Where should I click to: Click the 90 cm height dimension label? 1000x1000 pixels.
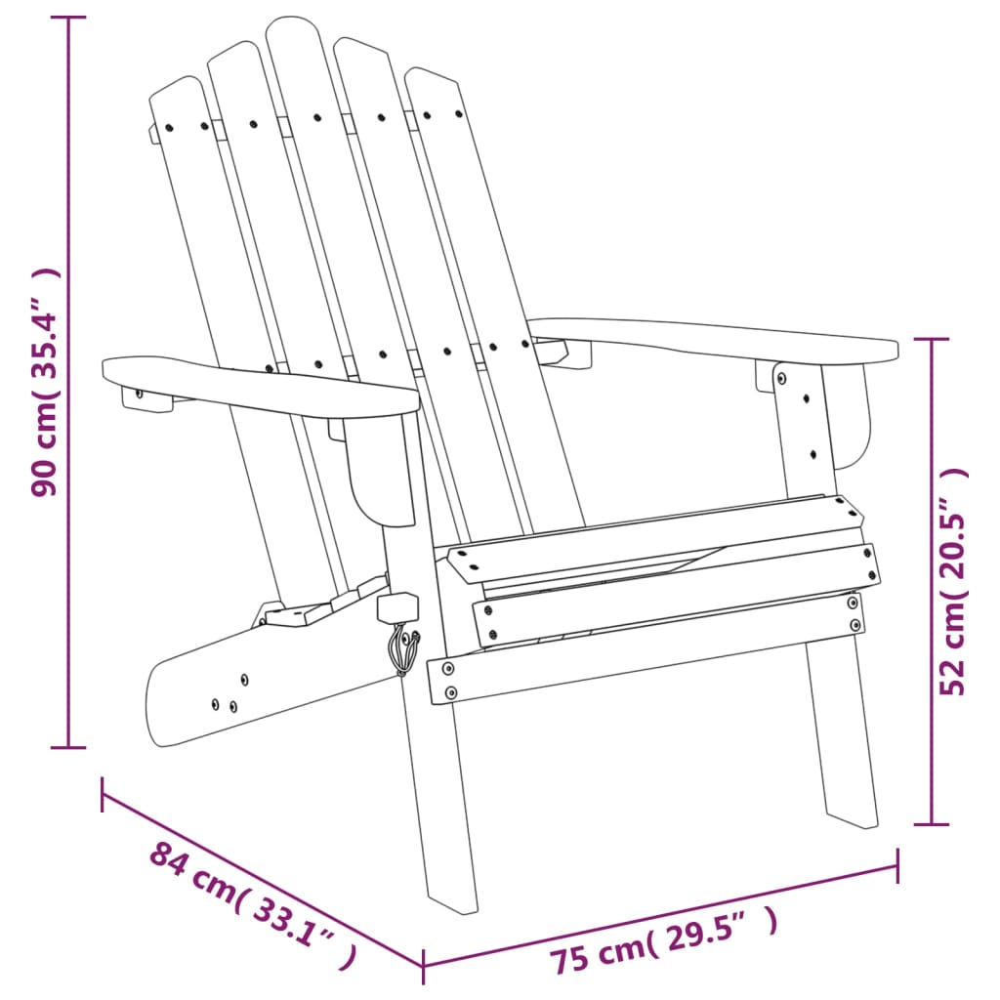pyautogui.click(x=46, y=383)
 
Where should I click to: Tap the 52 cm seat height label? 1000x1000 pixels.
pyautogui.click(x=954, y=580)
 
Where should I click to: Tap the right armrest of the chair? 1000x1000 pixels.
pyautogui.click(x=713, y=338)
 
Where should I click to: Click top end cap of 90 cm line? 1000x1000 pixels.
pyautogui.click(x=67, y=19)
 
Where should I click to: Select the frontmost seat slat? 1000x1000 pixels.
pyautogui.click(x=674, y=601)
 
